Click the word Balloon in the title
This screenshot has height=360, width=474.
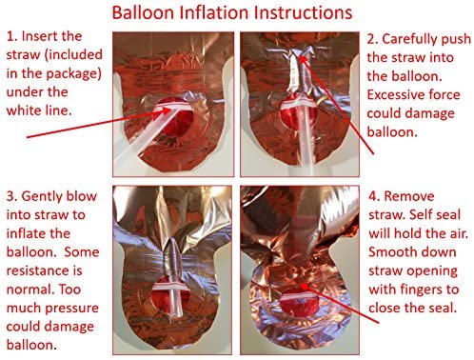(x=144, y=13)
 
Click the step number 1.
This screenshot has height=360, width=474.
(x=11, y=36)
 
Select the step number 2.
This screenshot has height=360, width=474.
(x=372, y=39)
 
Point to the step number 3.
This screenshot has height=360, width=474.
(x=11, y=196)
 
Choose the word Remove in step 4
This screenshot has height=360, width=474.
(x=409, y=196)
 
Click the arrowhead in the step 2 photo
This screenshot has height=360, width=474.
(x=304, y=58)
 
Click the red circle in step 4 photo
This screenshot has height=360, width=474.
(x=298, y=305)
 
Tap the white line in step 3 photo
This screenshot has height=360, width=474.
(x=171, y=287)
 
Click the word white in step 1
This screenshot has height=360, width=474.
(x=24, y=110)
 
